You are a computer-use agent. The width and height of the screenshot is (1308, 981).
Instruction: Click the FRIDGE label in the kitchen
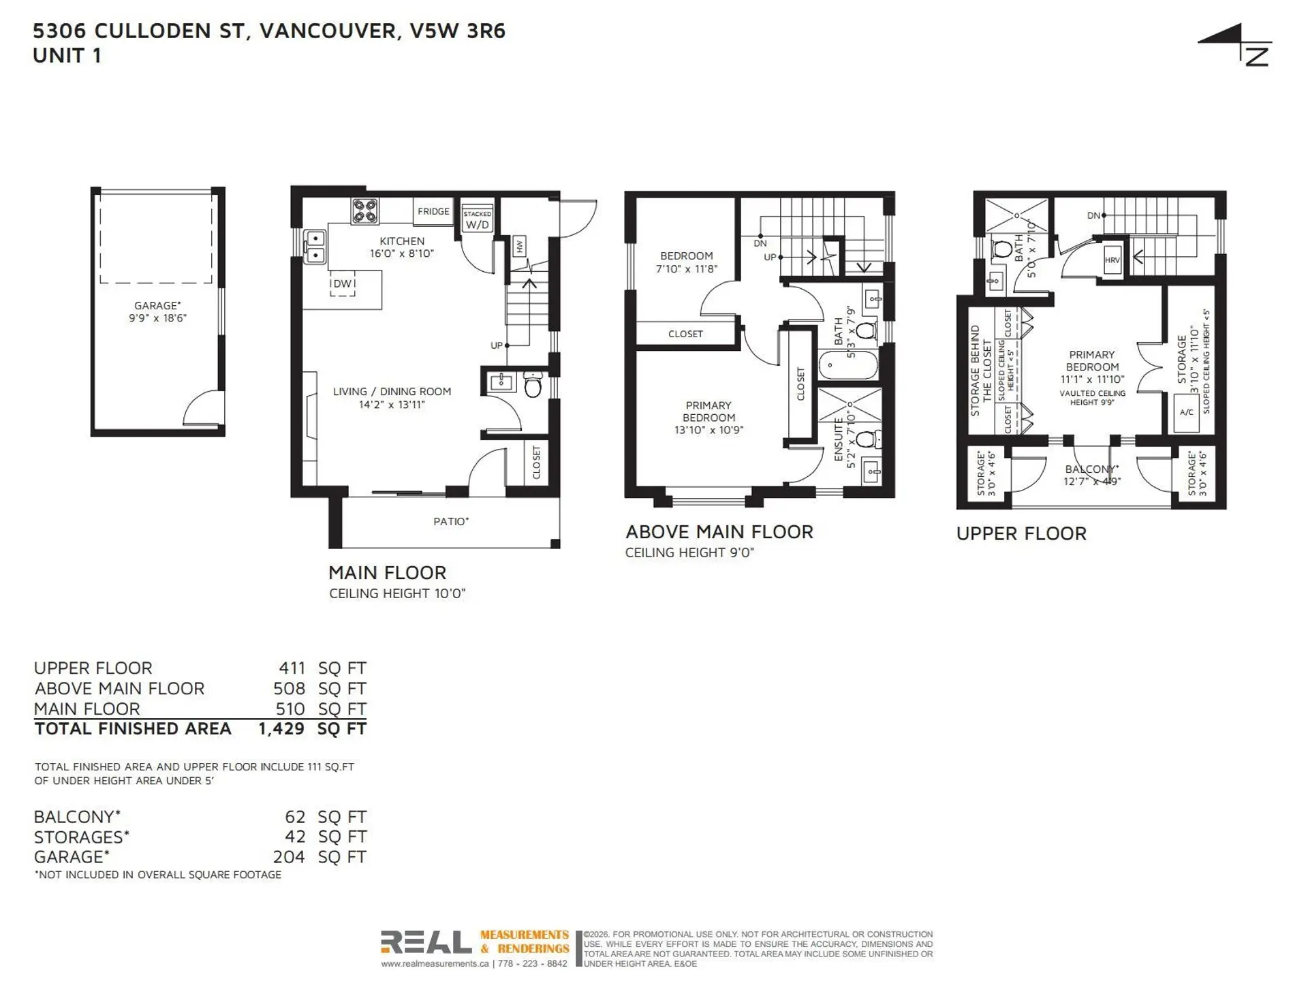coord(433,211)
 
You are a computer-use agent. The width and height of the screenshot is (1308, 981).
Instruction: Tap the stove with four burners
coord(365,211)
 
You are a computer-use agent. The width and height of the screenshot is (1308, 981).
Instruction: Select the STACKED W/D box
coord(477,219)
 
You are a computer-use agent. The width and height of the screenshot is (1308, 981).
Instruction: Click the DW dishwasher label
coord(343,283)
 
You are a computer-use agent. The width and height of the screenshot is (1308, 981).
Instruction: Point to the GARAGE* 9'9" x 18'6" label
coord(157,312)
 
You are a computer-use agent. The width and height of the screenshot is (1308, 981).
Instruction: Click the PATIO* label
coord(451,521)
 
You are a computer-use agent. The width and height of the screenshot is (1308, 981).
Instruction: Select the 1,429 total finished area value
coord(281,729)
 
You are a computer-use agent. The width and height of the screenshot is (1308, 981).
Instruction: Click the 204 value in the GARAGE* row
coord(289,857)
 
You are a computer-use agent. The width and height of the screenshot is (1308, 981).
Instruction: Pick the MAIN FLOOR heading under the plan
coord(387,572)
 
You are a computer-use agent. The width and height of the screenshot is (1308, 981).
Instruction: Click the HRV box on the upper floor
coord(1112,260)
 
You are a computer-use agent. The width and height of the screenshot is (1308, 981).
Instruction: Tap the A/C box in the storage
coord(1186,412)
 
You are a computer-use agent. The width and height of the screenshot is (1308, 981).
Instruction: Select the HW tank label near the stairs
coord(520,247)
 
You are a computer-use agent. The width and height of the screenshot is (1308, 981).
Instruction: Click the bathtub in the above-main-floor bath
coord(847,365)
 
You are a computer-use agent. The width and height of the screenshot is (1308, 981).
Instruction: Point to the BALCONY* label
coord(1091,469)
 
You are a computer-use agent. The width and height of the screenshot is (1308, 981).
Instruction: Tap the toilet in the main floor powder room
coord(533,386)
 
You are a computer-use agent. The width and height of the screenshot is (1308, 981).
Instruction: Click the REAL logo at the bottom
coord(426,942)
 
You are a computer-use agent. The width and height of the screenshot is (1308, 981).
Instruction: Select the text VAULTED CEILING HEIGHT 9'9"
coord(1092,398)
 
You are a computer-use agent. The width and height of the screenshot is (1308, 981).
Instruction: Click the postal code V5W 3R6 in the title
coord(457,31)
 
